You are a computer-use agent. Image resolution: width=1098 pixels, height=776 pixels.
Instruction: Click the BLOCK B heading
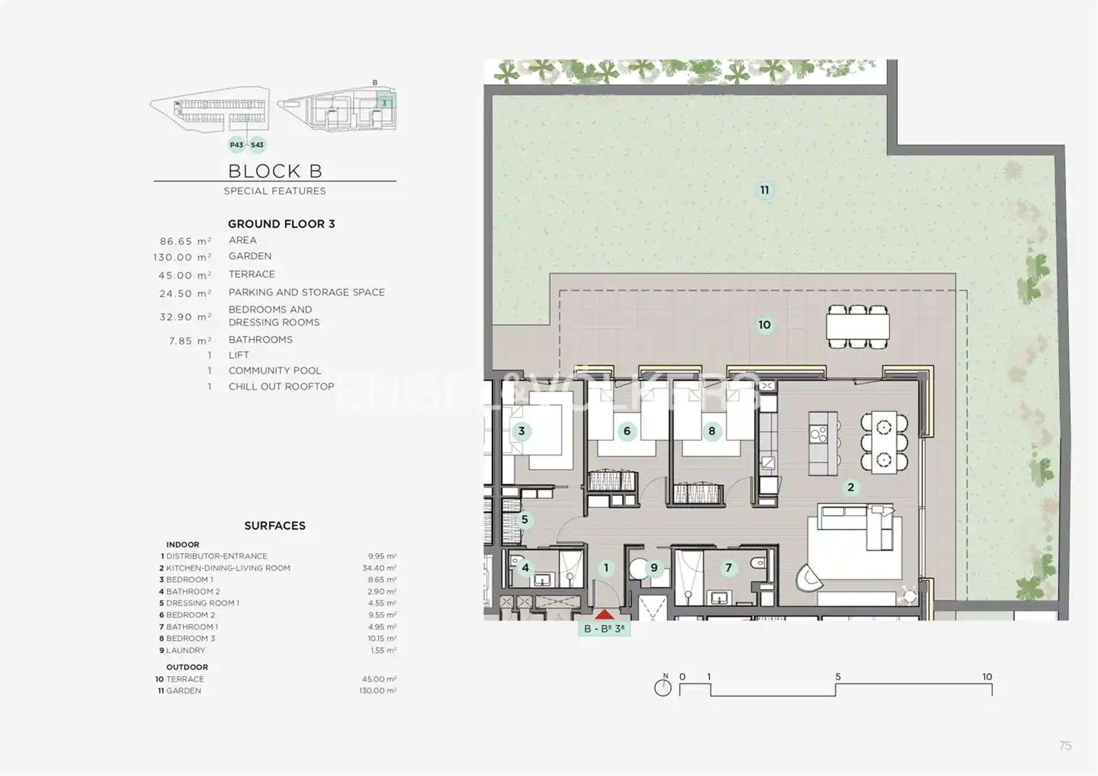tap(275, 171)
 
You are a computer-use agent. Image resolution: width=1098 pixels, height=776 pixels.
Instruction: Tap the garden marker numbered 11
tap(765, 190)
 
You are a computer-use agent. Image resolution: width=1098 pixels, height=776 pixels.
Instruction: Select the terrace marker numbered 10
tap(765, 325)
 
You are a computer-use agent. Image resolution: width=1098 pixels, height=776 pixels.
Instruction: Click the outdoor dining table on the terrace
tap(858, 327)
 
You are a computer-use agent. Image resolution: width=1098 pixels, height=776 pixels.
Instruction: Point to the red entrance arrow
tap(604, 615)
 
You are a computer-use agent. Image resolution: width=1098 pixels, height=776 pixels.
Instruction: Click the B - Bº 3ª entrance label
tap(604, 628)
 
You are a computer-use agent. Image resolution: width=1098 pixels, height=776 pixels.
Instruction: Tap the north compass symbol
tap(663, 686)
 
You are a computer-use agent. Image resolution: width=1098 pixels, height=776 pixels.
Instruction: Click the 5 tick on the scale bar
tap(838, 676)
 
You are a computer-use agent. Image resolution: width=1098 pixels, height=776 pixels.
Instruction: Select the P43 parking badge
tap(237, 145)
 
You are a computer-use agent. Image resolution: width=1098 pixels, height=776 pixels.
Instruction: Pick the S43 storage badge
tap(257, 145)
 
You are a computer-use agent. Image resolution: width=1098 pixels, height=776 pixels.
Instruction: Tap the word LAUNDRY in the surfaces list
tap(185, 650)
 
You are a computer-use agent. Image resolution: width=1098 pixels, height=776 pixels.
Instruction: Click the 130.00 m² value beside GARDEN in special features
tap(182, 257)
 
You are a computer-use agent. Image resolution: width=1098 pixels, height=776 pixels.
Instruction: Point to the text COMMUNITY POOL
tap(275, 371)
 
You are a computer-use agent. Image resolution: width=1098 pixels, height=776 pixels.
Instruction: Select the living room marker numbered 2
tap(851, 487)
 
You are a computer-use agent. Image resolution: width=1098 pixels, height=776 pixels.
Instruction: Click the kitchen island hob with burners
tap(818, 434)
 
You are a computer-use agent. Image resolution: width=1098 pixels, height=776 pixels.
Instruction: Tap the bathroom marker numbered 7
tap(729, 568)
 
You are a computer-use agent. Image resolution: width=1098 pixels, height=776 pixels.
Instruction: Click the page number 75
tap(1065, 746)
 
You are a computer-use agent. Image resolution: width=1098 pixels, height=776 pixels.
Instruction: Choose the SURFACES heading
tap(275, 526)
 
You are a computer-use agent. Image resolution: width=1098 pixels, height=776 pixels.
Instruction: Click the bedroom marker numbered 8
tap(712, 431)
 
